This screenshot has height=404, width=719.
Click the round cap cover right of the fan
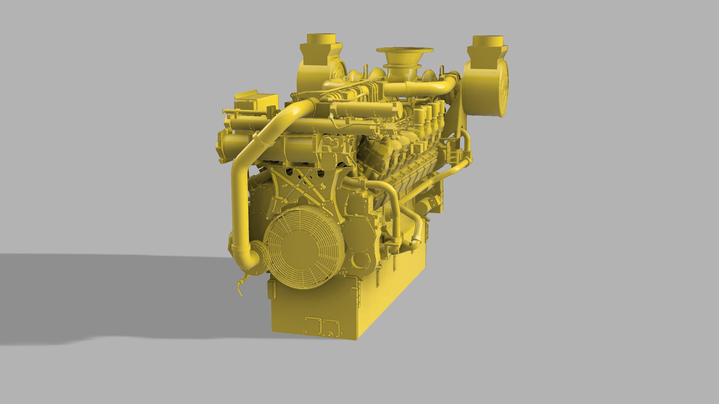tap(360, 260)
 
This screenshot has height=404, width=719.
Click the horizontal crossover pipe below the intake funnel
tap(416, 88)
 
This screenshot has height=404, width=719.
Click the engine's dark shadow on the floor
tap(112, 292)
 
